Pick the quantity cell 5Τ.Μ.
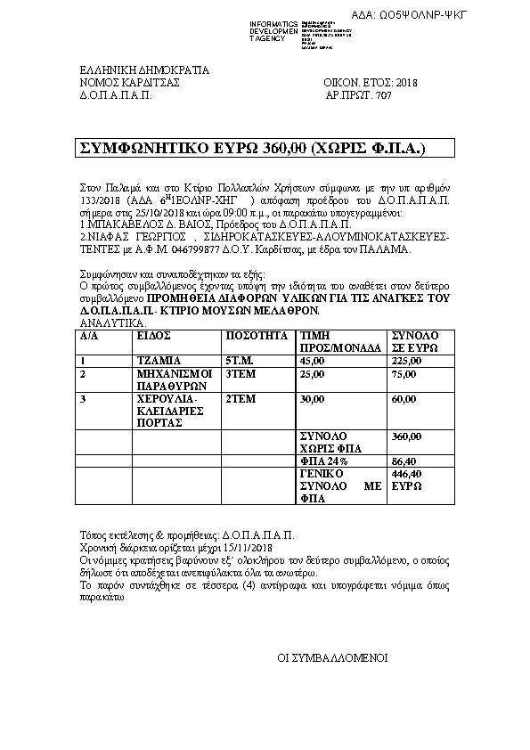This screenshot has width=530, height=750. [240, 361]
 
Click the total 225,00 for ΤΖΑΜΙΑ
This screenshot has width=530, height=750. [406, 361]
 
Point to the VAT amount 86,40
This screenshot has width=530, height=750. [405, 461]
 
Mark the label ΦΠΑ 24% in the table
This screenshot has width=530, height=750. [317, 461]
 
